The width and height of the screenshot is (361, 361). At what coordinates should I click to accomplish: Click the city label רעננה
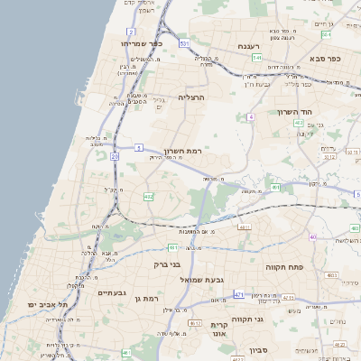point(249,45)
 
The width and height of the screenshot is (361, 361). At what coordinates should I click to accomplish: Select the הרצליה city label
point(191,97)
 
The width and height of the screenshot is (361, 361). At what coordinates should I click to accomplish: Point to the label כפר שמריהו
point(142,42)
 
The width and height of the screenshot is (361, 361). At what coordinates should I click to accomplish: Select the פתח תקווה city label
point(287,268)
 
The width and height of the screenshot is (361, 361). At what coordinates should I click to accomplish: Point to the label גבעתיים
point(117,292)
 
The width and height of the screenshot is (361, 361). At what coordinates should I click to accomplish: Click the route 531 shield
point(184,43)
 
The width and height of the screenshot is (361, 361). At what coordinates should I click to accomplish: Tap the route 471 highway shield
point(238,295)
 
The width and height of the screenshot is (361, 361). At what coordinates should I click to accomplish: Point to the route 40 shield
point(312,236)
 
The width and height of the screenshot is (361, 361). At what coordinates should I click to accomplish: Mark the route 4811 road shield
point(244,227)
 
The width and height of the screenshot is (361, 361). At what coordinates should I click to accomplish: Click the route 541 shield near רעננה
point(257,58)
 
